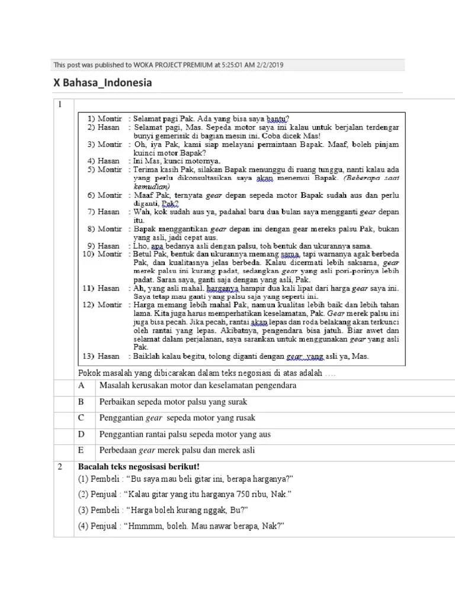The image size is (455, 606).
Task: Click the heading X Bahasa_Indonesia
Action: tap(102, 83)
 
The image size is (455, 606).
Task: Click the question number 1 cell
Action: tap(60, 105)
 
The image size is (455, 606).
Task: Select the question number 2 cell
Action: tap(60, 467)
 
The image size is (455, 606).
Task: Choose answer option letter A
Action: tap(82, 386)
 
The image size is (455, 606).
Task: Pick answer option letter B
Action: tap(82, 402)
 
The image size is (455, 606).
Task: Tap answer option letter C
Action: tap(82, 418)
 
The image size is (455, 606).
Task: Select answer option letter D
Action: tap(82, 434)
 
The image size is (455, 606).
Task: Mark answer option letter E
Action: tap(82, 450)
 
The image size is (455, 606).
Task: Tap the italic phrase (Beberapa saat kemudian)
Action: tap(367, 181)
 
